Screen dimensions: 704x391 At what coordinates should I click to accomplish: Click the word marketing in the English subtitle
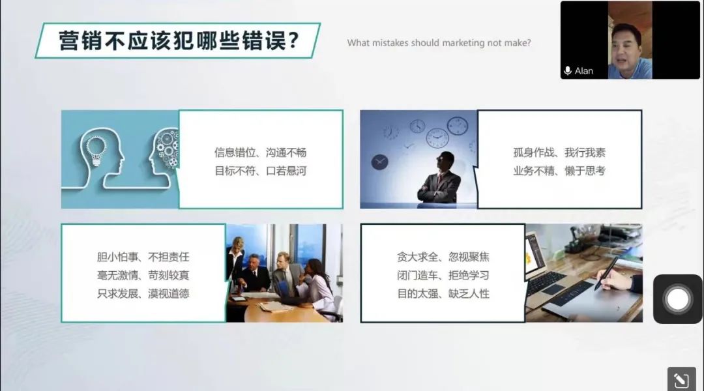(463, 43)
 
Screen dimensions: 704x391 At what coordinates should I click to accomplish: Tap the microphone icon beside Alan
(568, 71)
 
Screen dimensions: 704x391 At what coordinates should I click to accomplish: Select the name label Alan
(583, 71)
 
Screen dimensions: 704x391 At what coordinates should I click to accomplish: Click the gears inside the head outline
(167, 147)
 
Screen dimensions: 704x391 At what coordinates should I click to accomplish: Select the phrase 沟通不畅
(286, 152)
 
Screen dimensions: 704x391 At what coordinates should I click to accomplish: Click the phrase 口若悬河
(286, 171)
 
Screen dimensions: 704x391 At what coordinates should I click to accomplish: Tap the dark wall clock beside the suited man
(379, 162)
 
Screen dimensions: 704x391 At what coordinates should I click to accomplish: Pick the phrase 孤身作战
(534, 152)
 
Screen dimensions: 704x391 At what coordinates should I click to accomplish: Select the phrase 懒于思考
(585, 171)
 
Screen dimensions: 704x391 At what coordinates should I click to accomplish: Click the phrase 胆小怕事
(117, 257)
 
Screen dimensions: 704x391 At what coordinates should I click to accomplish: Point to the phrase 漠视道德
(169, 294)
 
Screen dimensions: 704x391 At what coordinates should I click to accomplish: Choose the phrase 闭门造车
(418, 275)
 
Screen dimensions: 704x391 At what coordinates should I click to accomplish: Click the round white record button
(677, 299)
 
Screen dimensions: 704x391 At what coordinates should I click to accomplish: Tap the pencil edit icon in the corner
(681, 380)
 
